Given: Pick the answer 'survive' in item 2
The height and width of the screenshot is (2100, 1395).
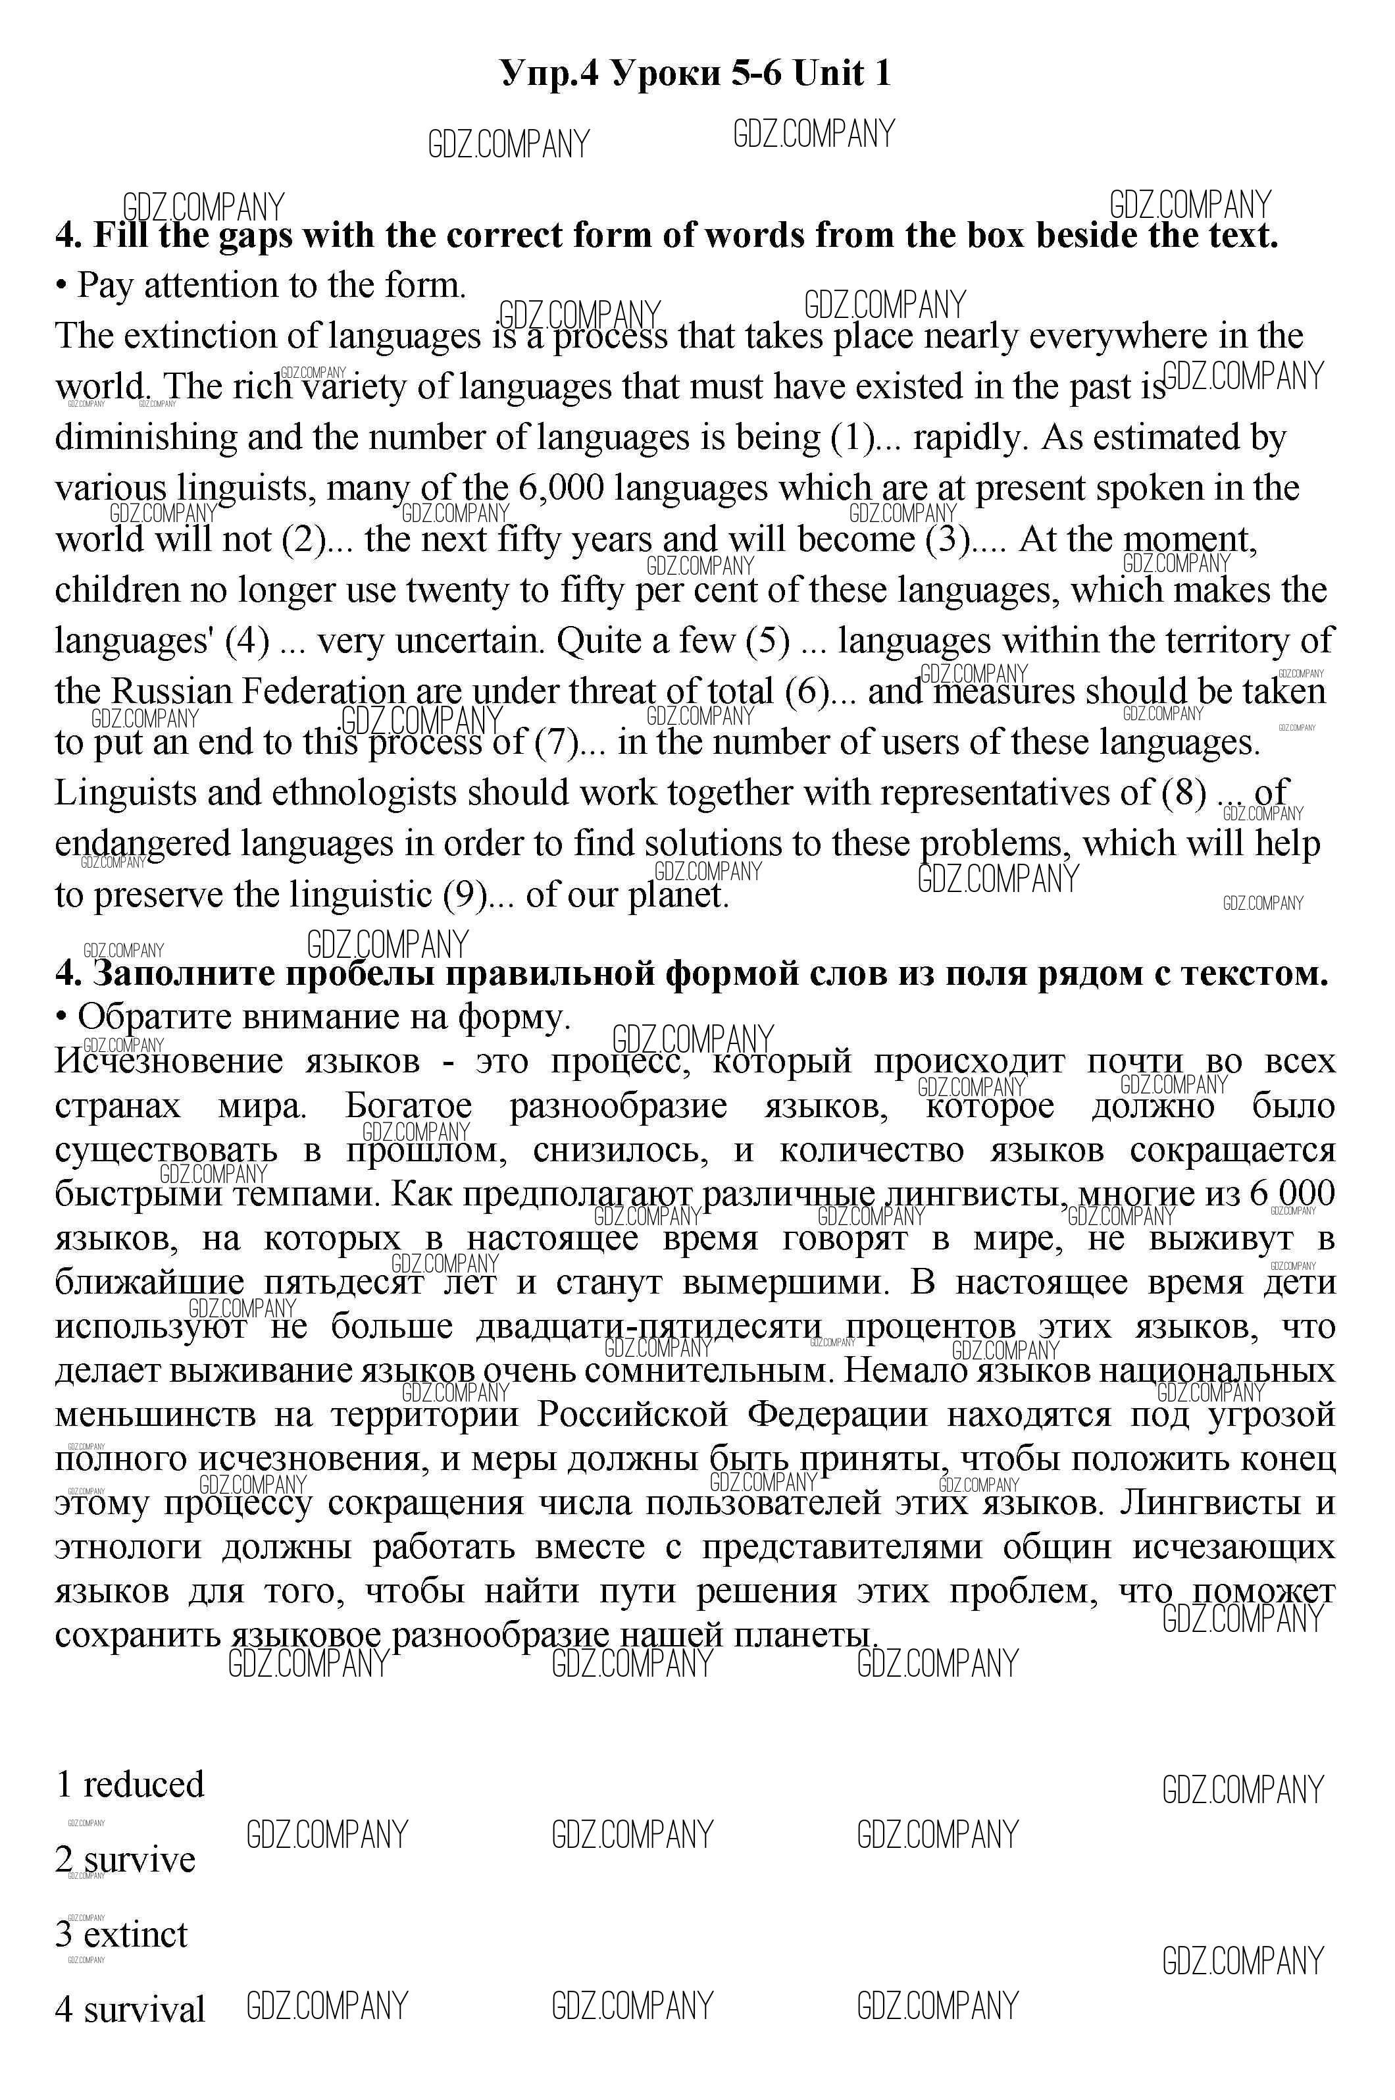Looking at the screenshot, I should [139, 1859].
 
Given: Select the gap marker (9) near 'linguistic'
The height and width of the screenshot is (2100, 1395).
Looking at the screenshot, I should [465, 894].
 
